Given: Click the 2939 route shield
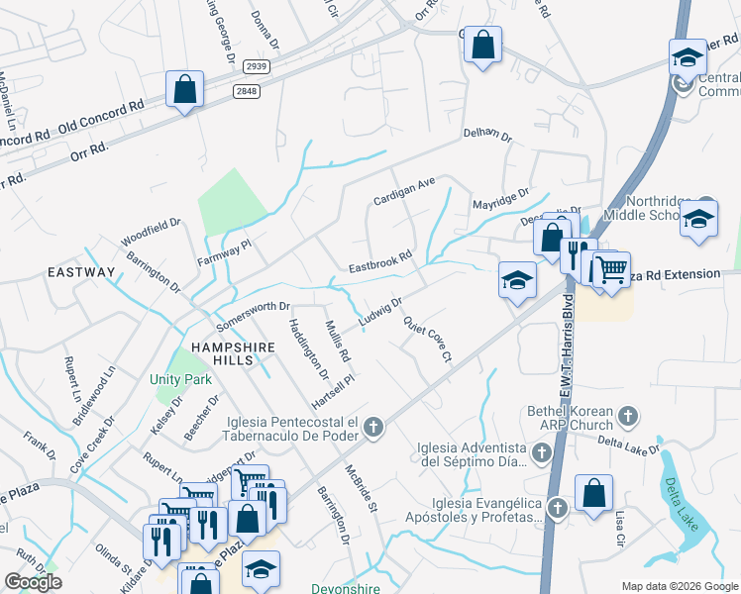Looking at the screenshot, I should pyautogui.click(x=257, y=66).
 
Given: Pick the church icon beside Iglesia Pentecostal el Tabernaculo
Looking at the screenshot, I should pyautogui.click(x=372, y=428).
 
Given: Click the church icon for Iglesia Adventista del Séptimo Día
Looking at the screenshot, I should pyautogui.click(x=541, y=454).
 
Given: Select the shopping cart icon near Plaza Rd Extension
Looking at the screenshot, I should pyautogui.click(x=612, y=268).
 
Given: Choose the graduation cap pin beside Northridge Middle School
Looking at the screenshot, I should pyautogui.click(x=698, y=219).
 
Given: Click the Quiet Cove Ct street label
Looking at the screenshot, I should pyautogui.click(x=428, y=339).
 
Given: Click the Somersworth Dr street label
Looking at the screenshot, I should pyautogui.click(x=252, y=315).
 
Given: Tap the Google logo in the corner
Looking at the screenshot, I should pyautogui.click(x=34, y=582).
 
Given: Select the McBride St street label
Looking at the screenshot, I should pyautogui.click(x=362, y=489).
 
